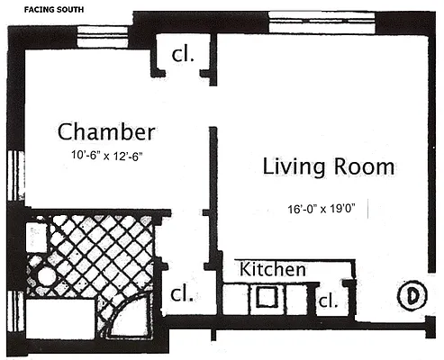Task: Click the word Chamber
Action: [106, 132]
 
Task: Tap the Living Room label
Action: [328, 166]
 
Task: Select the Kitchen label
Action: [272, 269]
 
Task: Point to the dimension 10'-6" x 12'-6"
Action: [108, 156]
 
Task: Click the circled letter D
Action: [411, 295]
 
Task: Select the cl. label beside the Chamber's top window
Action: [183, 55]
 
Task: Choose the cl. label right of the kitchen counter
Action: [328, 301]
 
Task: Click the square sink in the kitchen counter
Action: [267, 296]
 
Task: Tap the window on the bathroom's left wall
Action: [13, 306]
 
